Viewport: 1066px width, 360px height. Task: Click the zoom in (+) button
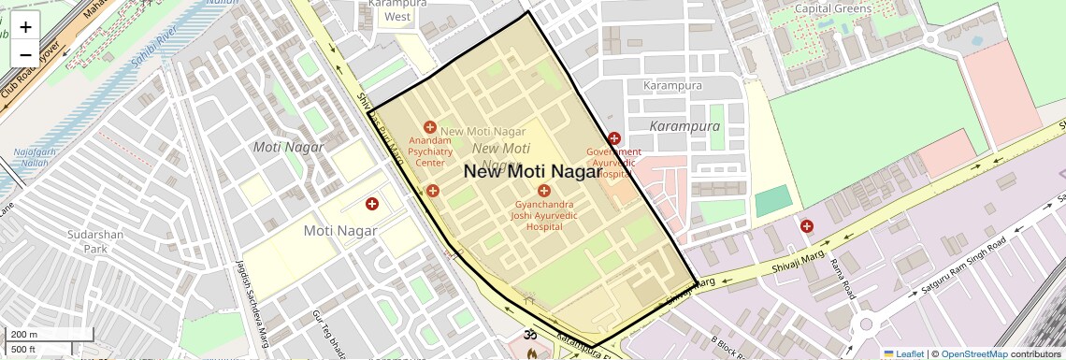click(25, 27)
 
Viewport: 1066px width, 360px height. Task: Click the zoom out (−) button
click(25, 54)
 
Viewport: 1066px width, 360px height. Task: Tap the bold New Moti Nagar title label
click(532, 171)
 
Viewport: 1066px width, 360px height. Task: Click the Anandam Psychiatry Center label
click(430, 151)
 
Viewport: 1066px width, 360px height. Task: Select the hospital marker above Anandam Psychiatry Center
click(430, 127)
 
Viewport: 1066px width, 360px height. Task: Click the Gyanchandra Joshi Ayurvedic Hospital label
click(544, 214)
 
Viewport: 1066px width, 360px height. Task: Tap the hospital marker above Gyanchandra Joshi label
click(544, 191)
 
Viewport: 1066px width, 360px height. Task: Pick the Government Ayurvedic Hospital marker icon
click(614, 138)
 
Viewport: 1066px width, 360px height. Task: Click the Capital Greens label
click(832, 8)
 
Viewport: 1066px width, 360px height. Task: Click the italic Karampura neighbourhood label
click(684, 125)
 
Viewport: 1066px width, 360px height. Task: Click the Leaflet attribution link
click(903, 354)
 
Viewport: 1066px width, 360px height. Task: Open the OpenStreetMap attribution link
click(973, 354)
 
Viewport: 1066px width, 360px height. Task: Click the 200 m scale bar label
click(23, 335)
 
